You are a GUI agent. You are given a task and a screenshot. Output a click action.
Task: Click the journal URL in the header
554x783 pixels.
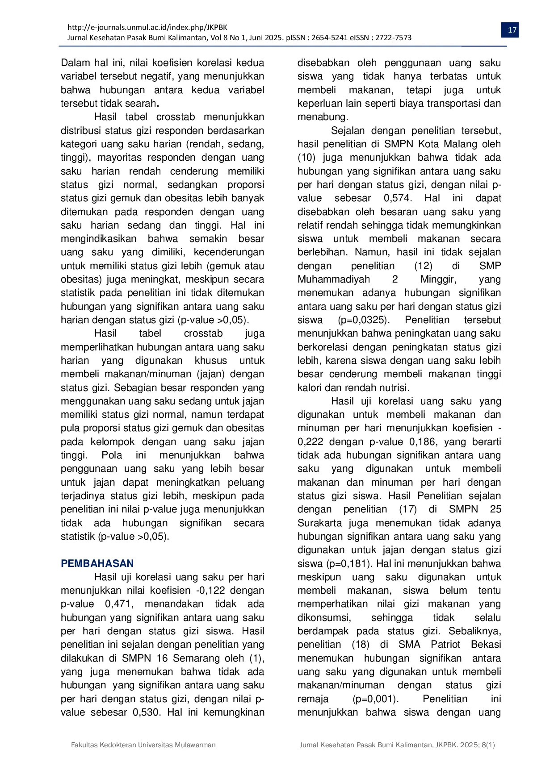click(x=147, y=27)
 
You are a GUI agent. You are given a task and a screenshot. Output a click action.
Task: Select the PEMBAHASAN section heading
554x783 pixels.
click(x=97, y=563)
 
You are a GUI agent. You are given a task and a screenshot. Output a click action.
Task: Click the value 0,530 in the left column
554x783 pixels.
click(x=146, y=712)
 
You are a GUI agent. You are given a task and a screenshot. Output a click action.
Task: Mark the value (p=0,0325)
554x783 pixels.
click(x=364, y=320)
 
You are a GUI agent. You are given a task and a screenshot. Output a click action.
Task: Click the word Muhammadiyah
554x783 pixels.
click(x=334, y=279)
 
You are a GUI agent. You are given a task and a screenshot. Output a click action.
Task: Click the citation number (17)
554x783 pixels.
click(x=408, y=509)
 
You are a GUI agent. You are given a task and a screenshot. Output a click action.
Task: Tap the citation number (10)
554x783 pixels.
click(x=307, y=158)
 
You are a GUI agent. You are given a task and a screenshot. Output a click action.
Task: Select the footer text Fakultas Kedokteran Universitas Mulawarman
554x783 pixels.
click(x=143, y=745)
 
